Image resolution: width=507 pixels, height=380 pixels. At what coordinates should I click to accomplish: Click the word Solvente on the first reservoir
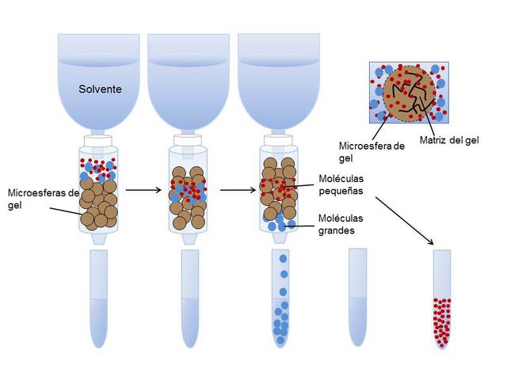point(99,89)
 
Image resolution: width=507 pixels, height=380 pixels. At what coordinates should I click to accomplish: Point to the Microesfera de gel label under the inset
point(372,151)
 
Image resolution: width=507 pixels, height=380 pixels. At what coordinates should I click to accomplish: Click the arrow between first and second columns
point(143,190)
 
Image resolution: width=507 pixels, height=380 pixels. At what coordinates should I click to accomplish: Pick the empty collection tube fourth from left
point(358,297)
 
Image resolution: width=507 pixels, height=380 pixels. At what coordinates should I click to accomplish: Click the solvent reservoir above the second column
point(188,79)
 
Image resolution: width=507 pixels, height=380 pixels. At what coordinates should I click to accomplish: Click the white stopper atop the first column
point(98,140)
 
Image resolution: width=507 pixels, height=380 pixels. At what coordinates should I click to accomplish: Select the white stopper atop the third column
point(277,140)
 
